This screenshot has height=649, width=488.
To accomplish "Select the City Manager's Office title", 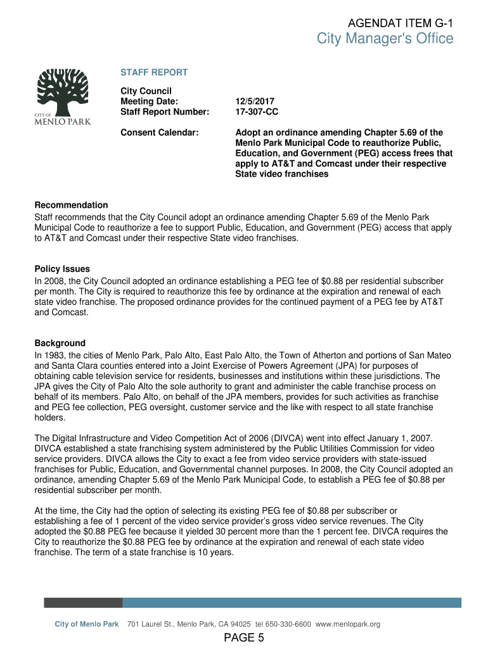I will click(x=385, y=39).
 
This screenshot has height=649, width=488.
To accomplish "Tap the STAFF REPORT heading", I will click(x=154, y=72).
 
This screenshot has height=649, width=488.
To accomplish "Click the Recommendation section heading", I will click(x=71, y=205).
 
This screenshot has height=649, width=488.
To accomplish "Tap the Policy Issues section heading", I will click(x=62, y=269).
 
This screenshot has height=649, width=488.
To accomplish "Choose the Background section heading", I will click(x=60, y=343).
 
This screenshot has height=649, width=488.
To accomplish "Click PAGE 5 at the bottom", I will click(x=243, y=638).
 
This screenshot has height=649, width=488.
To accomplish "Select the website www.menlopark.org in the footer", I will click(x=348, y=624).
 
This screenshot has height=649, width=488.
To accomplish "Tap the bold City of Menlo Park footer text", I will click(x=87, y=624).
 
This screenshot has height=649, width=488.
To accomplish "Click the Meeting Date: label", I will click(x=150, y=101).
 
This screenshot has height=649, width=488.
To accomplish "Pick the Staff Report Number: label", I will click(x=165, y=112).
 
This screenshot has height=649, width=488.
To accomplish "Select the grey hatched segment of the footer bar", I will click(x=83, y=603).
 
